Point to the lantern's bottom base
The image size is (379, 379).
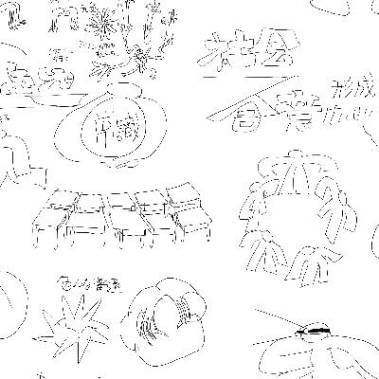[x=121, y=162]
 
